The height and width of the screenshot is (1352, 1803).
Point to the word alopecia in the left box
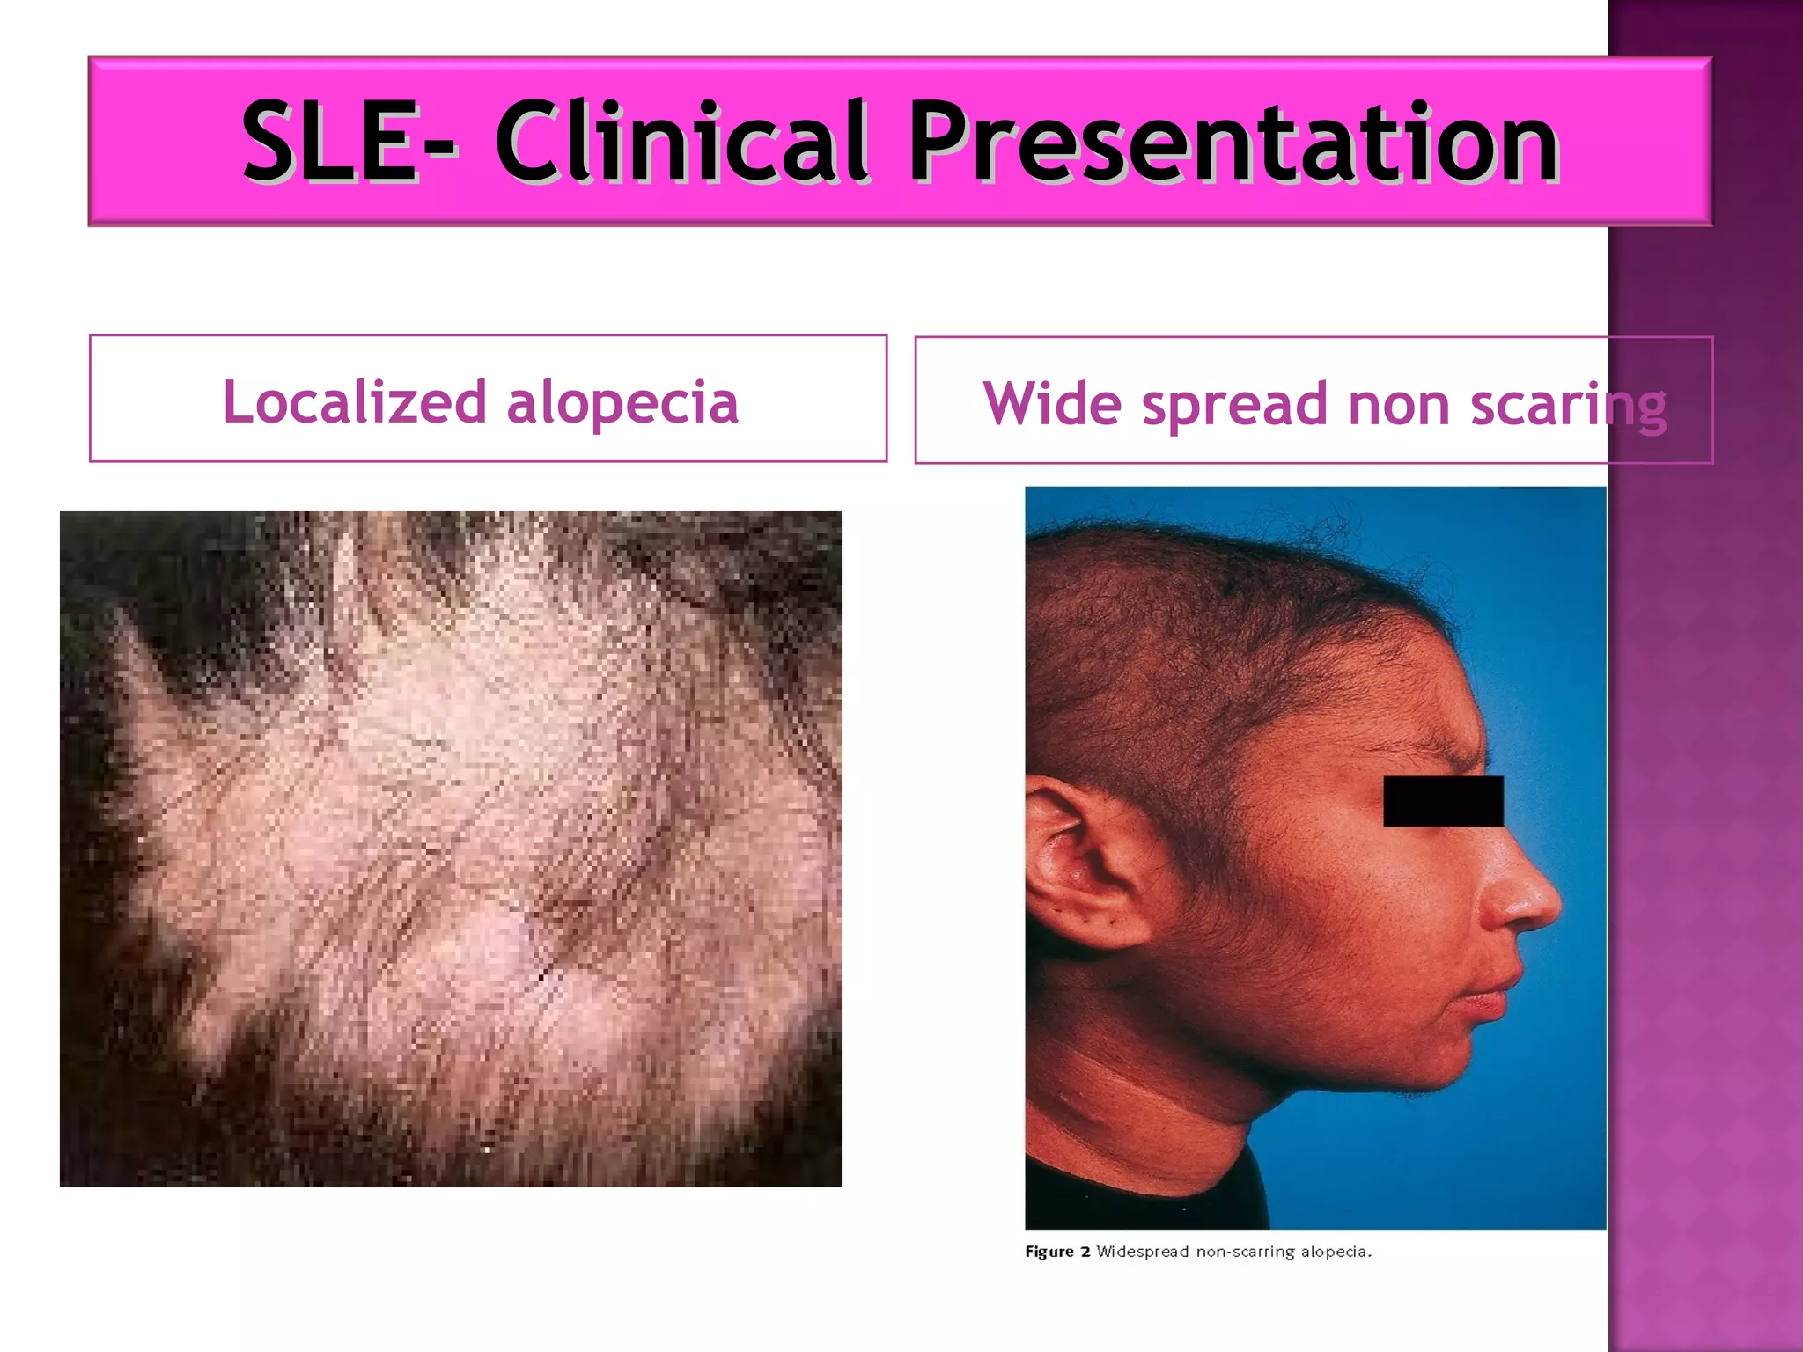[622, 403]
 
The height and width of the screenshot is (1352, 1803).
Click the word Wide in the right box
[1052, 404]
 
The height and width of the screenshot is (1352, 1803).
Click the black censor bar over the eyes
[1443, 801]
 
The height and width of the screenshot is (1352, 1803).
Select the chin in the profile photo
[1444, 1069]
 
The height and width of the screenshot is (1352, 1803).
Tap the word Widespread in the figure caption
[1142, 1252]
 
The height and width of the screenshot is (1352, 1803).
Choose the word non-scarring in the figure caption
[1244, 1252]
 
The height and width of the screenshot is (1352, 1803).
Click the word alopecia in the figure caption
[1335, 1252]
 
